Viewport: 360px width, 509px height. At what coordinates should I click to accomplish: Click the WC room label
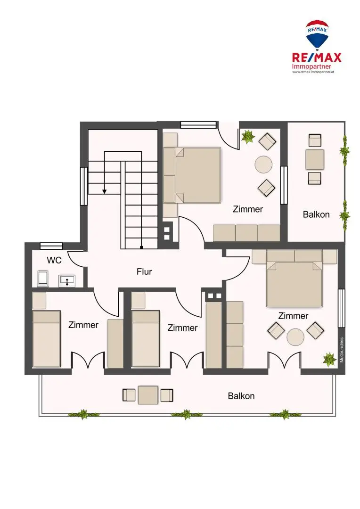pos(54,260)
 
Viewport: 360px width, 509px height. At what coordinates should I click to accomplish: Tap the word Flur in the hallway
pos(144,271)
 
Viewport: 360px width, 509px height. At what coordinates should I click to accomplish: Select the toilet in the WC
pos(43,279)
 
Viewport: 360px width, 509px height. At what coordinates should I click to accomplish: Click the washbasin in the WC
pos(67,281)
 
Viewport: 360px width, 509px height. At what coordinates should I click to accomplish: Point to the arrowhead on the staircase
pos(105,191)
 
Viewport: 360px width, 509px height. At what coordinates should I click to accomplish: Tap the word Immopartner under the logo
pos(311,66)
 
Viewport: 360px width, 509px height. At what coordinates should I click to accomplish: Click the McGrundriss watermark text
pos(342,350)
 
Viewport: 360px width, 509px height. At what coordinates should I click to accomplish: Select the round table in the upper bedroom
pos(263,164)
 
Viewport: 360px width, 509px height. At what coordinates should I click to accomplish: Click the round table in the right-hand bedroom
pos(295,337)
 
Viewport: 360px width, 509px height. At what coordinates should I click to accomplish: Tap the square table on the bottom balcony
pos(148,395)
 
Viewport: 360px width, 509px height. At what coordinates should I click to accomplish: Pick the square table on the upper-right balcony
pos(315,159)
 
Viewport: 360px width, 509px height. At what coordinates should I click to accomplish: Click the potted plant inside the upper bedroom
pos(248,136)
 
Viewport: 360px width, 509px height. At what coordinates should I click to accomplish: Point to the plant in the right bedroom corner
pos(329,359)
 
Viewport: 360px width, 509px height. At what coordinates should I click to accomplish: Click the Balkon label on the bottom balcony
pos(241,396)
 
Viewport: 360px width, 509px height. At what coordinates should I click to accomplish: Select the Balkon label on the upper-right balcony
pos(316,214)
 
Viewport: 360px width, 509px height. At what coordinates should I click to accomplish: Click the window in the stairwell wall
pos(84,186)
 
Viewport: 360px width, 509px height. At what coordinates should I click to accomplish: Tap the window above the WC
pos(51,246)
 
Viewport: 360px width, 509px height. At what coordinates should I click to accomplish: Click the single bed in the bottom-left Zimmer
pos(47,338)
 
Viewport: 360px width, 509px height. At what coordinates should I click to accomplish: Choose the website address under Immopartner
pos(313,72)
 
